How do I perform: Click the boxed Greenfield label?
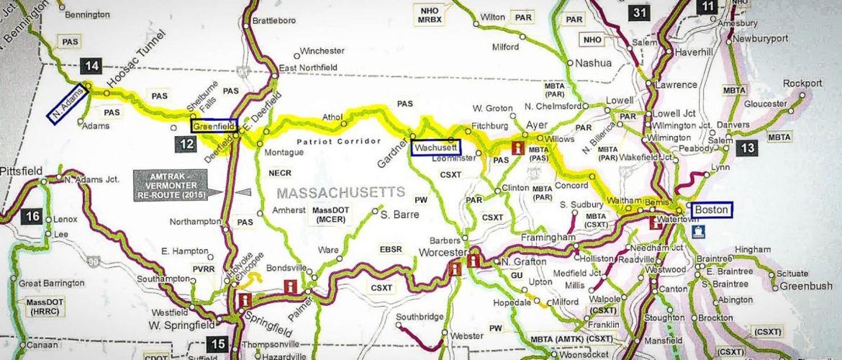click(213, 125)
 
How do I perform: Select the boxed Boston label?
click(711, 210)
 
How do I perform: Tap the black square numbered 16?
click(32, 215)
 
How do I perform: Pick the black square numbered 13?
click(748, 148)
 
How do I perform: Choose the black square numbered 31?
click(640, 12)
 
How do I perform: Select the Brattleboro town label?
click(274, 21)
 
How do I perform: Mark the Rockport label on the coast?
click(802, 83)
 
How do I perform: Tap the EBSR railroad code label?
click(393, 249)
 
